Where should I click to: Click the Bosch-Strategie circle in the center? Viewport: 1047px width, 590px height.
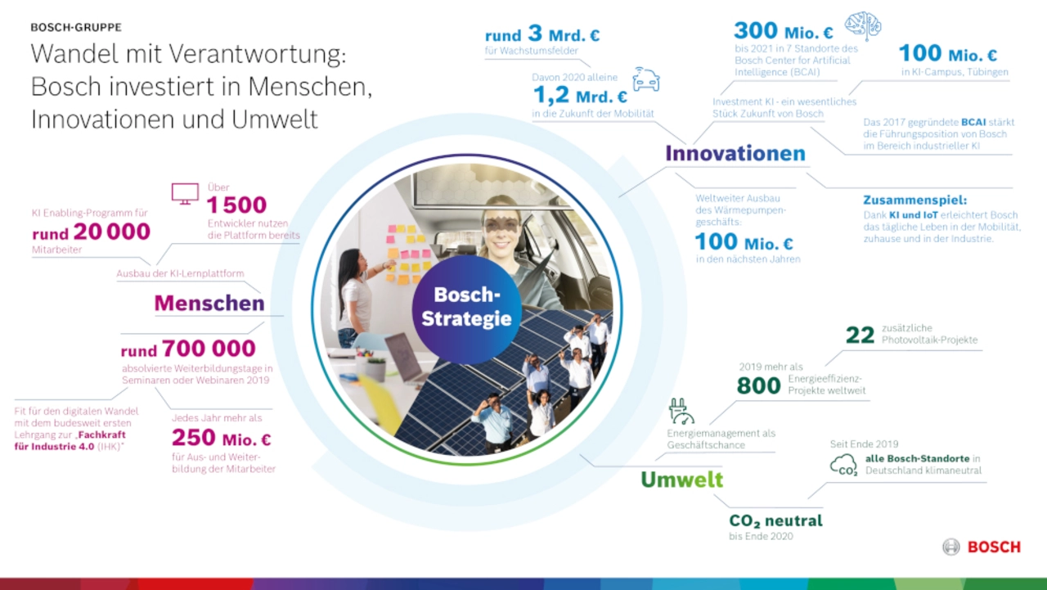(466, 309)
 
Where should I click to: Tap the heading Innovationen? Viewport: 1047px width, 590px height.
(735, 153)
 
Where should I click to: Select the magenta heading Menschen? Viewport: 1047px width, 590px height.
(209, 303)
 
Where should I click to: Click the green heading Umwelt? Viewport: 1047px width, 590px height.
(681, 480)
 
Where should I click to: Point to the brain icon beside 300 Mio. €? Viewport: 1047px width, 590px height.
(863, 25)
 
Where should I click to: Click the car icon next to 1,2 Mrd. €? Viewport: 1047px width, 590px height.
(646, 79)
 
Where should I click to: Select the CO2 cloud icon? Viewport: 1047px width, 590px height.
(843, 465)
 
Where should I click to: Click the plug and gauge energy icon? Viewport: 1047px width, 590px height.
(681, 411)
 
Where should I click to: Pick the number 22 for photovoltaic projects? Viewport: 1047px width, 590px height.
(860, 335)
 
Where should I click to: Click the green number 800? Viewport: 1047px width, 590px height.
(758, 385)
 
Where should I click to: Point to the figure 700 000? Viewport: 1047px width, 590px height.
(209, 349)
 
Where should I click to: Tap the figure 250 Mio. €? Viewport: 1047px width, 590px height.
(221, 438)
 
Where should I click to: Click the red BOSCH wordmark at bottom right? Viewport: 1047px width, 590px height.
(994, 547)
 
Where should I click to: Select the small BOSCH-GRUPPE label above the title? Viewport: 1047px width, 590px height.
(76, 28)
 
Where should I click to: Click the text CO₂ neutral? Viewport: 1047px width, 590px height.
(775, 520)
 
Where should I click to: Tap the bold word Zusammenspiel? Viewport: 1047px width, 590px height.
(914, 200)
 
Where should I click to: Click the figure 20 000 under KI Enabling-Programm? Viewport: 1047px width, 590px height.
(112, 232)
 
